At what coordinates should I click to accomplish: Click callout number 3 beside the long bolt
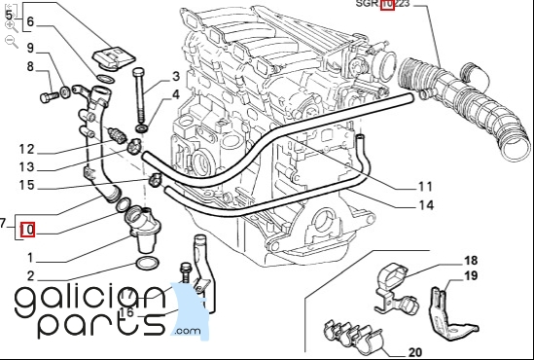coord(176,76)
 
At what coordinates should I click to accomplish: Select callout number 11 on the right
coord(425,187)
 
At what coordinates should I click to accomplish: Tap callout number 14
coord(426,205)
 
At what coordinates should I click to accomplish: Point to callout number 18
coord(471,261)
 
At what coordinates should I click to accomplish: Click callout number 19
coord(471,275)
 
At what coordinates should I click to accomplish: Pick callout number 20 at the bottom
coord(414,352)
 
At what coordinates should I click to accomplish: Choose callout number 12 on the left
coord(26,150)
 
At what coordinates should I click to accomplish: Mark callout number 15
coord(26,185)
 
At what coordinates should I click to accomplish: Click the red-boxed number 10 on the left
coord(27,230)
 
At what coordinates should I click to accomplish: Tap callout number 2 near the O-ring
coord(30,276)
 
